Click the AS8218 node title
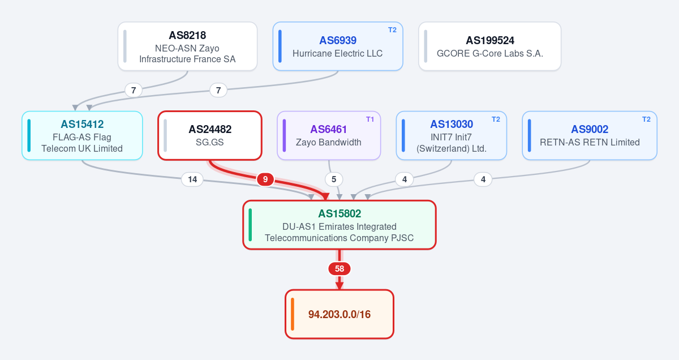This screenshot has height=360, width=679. [187, 35]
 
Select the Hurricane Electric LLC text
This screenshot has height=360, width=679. [337, 53]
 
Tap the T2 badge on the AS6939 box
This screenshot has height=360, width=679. [392, 30]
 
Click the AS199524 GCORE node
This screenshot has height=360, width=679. [490, 46]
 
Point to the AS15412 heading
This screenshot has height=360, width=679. [82, 124]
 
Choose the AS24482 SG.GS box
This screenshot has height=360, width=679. [210, 135]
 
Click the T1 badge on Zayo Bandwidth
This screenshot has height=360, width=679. [370, 119]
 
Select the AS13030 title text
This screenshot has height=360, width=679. [452, 124]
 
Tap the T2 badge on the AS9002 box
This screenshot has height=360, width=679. [646, 119]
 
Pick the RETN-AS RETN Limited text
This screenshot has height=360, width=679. [590, 142]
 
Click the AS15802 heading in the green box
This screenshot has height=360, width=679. [339, 213]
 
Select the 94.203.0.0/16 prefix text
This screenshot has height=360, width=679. [339, 314]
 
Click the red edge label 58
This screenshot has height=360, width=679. [339, 269]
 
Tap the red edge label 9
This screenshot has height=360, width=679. [265, 179]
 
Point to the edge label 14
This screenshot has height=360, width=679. [192, 179]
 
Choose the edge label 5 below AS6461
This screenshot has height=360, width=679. [334, 179]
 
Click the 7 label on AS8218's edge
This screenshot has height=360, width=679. [134, 90]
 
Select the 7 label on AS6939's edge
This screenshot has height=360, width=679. [218, 90]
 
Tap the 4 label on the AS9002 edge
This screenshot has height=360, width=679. [483, 179]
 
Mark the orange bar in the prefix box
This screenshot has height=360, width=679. [293, 314]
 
